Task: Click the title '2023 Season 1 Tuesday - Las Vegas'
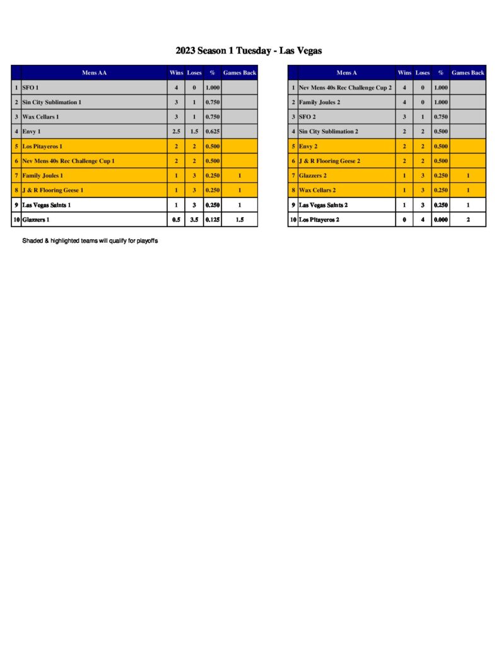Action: pyautogui.click(x=249, y=50)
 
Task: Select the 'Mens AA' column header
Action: pyautogui.click(x=94, y=73)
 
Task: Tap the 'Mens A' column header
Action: pyautogui.click(x=346, y=73)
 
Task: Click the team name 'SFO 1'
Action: pyautogui.click(x=30, y=87)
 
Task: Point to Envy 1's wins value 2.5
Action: pyautogui.click(x=176, y=131)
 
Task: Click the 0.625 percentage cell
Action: pyautogui.click(x=212, y=131)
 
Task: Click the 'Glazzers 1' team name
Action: pyautogui.click(x=36, y=220)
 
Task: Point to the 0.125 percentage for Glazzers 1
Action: pyautogui.click(x=212, y=220)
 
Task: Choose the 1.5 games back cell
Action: pyautogui.click(x=240, y=220)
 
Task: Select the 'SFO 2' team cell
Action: pyautogui.click(x=309, y=117)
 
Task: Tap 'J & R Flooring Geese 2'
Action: pyautogui.click(x=329, y=161)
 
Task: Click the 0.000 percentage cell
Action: pyautogui.click(x=440, y=220)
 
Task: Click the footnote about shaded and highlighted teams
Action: pyautogui.click(x=90, y=240)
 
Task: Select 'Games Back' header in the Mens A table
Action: pyautogui.click(x=468, y=73)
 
